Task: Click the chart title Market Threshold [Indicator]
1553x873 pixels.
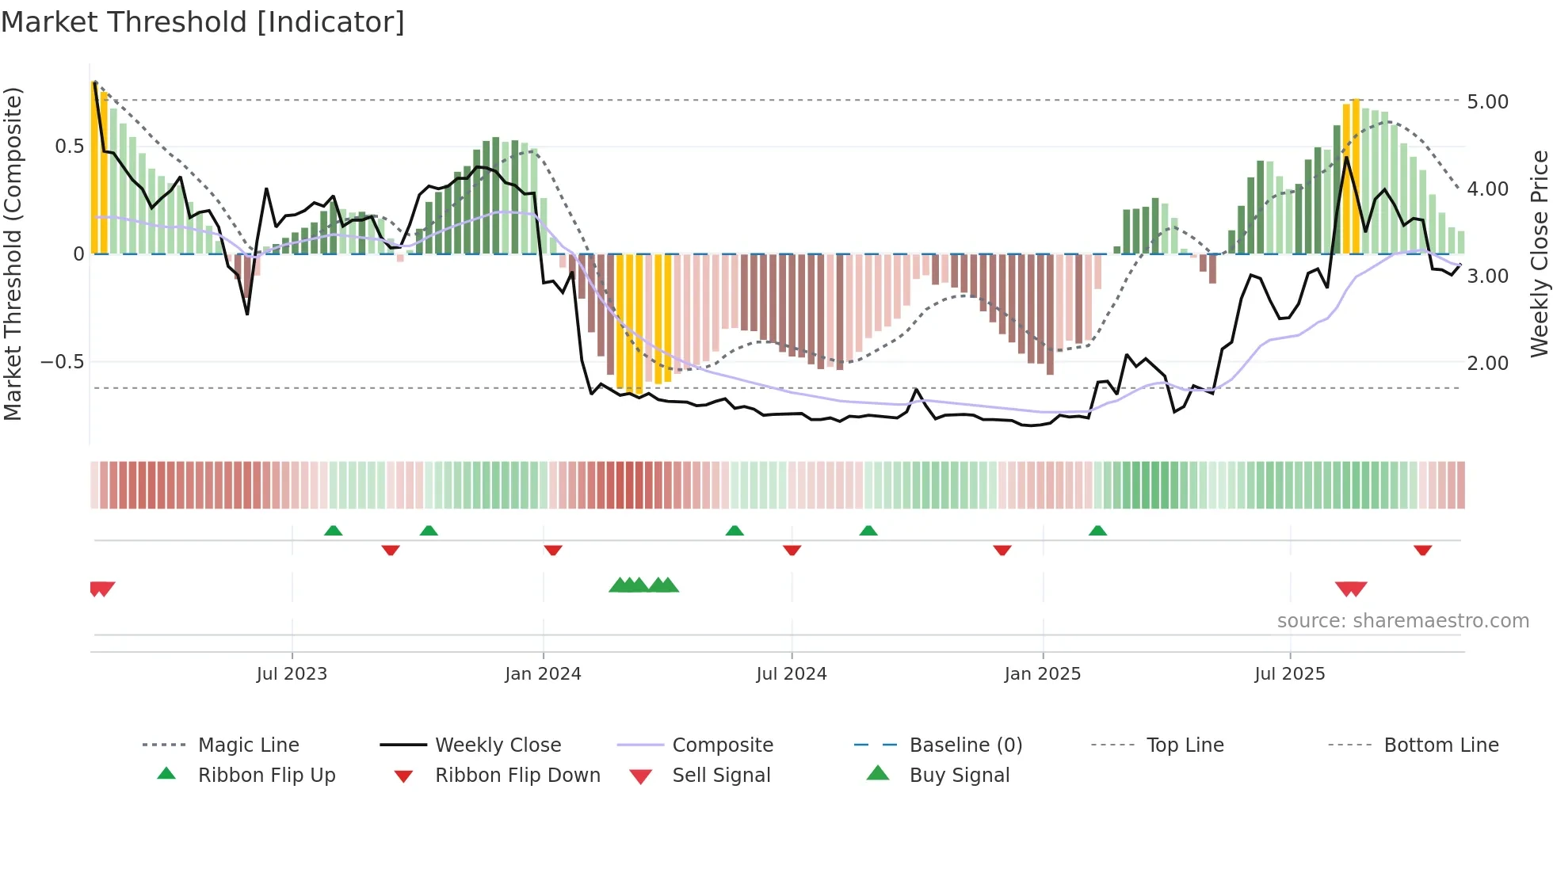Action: click(x=203, y=22)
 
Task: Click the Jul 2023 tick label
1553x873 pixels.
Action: click(x=292, y=674)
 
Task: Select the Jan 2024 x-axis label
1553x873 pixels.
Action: click(x=543, y=674)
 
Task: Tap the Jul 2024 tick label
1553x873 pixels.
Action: click(x=791, y=674)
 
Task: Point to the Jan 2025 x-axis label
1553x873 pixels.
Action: click(x=1042, y=674)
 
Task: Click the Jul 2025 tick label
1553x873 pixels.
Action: click(x=1289, y=674)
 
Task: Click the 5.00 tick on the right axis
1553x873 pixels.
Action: click(x=1487, y=102)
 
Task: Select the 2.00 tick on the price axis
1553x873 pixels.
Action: click(x=1487, y=364)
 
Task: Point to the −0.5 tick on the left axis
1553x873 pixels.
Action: click(x=62, y=362)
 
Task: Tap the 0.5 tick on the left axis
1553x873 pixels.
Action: click(x=69, y=147)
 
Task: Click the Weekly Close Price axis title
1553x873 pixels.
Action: click(x=1539, y=254)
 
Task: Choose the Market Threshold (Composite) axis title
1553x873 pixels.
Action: click(x=13, y=254)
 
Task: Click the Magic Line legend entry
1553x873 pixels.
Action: click(x=248, y=745)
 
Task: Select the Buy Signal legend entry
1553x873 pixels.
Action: click(x=959, y=776)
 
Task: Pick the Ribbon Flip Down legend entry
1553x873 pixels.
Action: click(x=517, y=776)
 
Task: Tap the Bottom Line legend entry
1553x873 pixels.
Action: click(x=1440, y=745)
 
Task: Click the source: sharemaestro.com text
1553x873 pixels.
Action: click(x=1402, y=621)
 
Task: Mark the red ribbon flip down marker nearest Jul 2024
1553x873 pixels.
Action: click(x=792, y=550)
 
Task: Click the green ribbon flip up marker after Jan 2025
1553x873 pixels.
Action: click(x=1097, y=531)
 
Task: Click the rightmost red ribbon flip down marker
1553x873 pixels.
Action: click(x=1422, y=550)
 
